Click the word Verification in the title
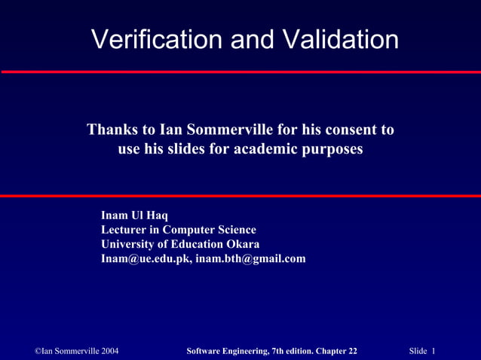pos(156,39)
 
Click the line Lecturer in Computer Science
pos(178,230)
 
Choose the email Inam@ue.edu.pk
pos(146,258)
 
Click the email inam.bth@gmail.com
pos(250,258)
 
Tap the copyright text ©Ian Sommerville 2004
pos(77,351)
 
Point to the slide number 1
pos(435,351)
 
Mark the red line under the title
pos(240,72)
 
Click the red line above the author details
pos(240,196)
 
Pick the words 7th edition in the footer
pos(290,351)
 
